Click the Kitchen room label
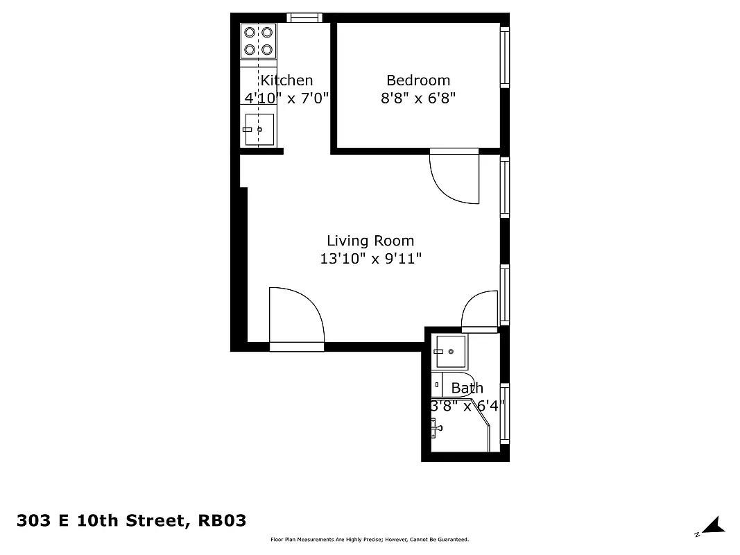coord(286,80)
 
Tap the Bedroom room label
coord(418,80)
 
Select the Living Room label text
coord(370,241)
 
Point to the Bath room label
coord(467,388)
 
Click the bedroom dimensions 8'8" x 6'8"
coord(418,99)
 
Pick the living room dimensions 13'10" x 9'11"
coord(370,259)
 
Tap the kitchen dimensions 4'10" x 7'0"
coord(286,99)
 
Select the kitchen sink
coord(259,129)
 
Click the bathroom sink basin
coord(450,352)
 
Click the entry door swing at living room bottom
coord(296,316)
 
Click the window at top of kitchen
coord(304,18)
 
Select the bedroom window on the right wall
coord(505,57)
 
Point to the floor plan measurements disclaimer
coord(370,540)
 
